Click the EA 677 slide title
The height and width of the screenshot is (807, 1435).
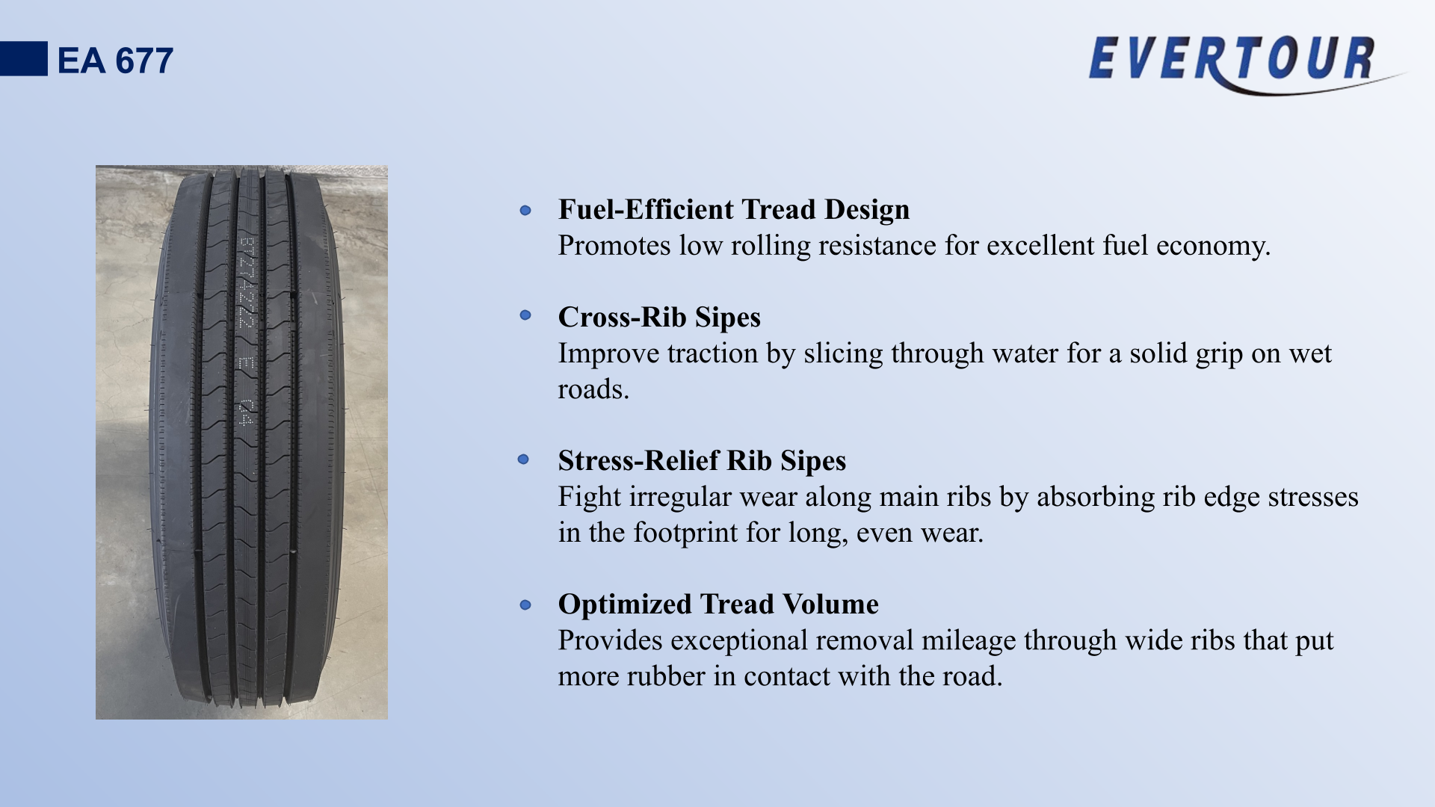pos(115,61)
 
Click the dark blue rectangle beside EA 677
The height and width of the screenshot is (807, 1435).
pos(24,58)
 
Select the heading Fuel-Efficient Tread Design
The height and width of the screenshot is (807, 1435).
pos(734,210)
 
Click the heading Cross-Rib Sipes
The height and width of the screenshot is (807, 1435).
pos(659,318)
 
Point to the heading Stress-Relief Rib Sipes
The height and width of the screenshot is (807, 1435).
pos(702,461)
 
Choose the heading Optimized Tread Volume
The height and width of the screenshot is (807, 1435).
pos(718,605)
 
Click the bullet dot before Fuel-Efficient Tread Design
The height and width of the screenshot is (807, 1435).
pos(525,211)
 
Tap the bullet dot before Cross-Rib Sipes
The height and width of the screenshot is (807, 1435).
pos(525,315)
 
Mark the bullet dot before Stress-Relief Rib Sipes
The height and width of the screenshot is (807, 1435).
pos(523,459)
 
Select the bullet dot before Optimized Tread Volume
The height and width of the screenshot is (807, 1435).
pos(525,605)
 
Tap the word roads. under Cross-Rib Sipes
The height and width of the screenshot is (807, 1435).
pos(593,389)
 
